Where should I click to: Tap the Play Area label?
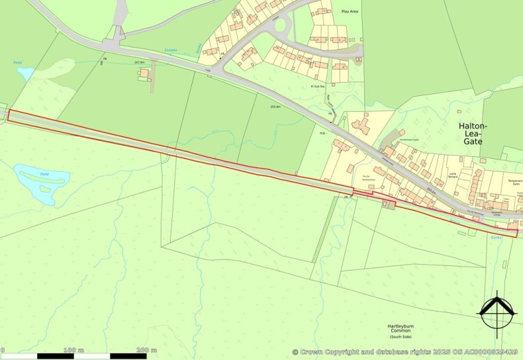click(350, 12)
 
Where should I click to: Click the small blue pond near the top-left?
click(25, 73)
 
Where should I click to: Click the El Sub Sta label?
click(319, 85)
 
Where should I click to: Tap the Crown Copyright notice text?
click(406, 352)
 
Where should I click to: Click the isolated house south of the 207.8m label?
click(144, 73)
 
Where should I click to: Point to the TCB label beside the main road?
click(323, 134)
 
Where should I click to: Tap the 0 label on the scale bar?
click(3, 349)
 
